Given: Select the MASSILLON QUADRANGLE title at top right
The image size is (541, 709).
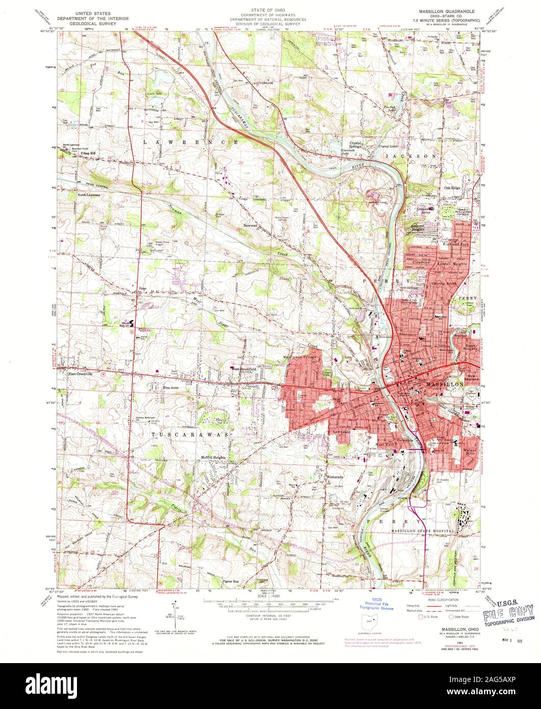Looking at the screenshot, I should [x=443, y=10].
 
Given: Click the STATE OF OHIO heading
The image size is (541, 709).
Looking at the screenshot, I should [x=271, y=10].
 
